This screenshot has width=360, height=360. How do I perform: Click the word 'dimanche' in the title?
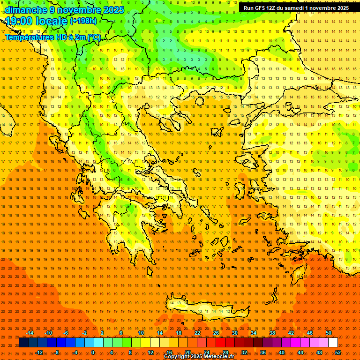tap(26, 10)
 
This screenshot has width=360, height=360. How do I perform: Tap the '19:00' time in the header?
tap(21, 21)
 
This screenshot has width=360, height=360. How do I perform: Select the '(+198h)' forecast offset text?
tap(83, 21)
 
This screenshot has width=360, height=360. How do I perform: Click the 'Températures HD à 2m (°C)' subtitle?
tap(52, 37)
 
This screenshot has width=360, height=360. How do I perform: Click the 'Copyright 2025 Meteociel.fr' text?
tap(199, 357)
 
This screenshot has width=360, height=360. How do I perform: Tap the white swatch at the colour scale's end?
tap(333, 343)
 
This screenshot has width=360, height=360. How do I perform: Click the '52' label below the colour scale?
tap(338, 352)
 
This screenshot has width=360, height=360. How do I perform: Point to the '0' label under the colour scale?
tap(93, 352)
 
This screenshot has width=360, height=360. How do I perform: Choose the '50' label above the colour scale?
tap(329, 333)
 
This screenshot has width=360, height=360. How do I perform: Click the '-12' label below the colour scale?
tap(39, 352)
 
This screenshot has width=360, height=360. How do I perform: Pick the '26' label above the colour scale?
tap(216, 333)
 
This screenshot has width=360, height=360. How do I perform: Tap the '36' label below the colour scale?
tap(263, 352)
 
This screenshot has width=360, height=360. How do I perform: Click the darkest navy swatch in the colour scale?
tap(23, 343)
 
